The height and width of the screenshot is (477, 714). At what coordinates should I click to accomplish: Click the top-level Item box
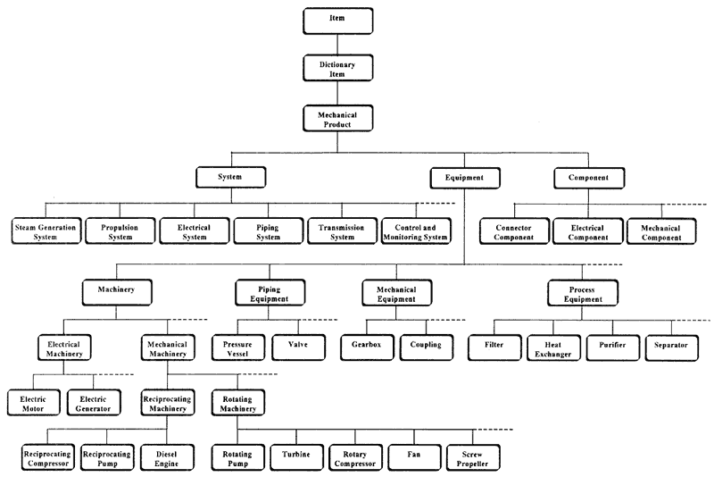(x=338, y=21)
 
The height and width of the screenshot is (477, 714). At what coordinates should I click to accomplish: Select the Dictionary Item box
(x=338, y=68)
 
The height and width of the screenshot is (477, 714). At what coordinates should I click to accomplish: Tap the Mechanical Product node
(x=338, y=119)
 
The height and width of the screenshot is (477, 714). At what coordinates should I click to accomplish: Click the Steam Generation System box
(x=46, y=231)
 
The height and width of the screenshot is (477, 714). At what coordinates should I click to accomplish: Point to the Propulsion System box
(x=120, y=231)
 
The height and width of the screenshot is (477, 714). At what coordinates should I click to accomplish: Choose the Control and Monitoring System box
(x=416, y=231)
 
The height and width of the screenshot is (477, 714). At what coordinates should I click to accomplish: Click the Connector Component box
(x=514, y=231)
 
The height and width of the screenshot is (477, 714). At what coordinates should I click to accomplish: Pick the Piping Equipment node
(x=270, y=292)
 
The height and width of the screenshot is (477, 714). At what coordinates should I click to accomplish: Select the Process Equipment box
(x=583, y=293)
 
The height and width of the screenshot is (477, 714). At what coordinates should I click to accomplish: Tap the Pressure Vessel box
(x=238, y=347)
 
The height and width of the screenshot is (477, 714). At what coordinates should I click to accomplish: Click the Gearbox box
(x=367, y=347)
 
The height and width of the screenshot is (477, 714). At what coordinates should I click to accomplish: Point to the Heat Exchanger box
(x=553, y=348)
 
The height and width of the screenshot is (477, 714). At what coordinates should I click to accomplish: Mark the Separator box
(x=672, y=348)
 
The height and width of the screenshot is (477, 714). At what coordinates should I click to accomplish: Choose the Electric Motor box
(x=34, y=402)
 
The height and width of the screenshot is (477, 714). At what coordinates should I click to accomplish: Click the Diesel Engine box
(x=167, y=457)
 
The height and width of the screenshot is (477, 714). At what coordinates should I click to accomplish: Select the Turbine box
(x=297, y=457)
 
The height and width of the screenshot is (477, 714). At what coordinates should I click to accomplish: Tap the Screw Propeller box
(x=474, y=457)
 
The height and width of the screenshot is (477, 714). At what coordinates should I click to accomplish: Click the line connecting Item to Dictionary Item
(x=337, y=44)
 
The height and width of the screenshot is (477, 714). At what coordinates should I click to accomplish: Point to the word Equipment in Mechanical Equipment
(x=396, y=299)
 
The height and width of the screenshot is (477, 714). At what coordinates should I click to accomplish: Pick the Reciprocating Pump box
(x=107, y=457)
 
